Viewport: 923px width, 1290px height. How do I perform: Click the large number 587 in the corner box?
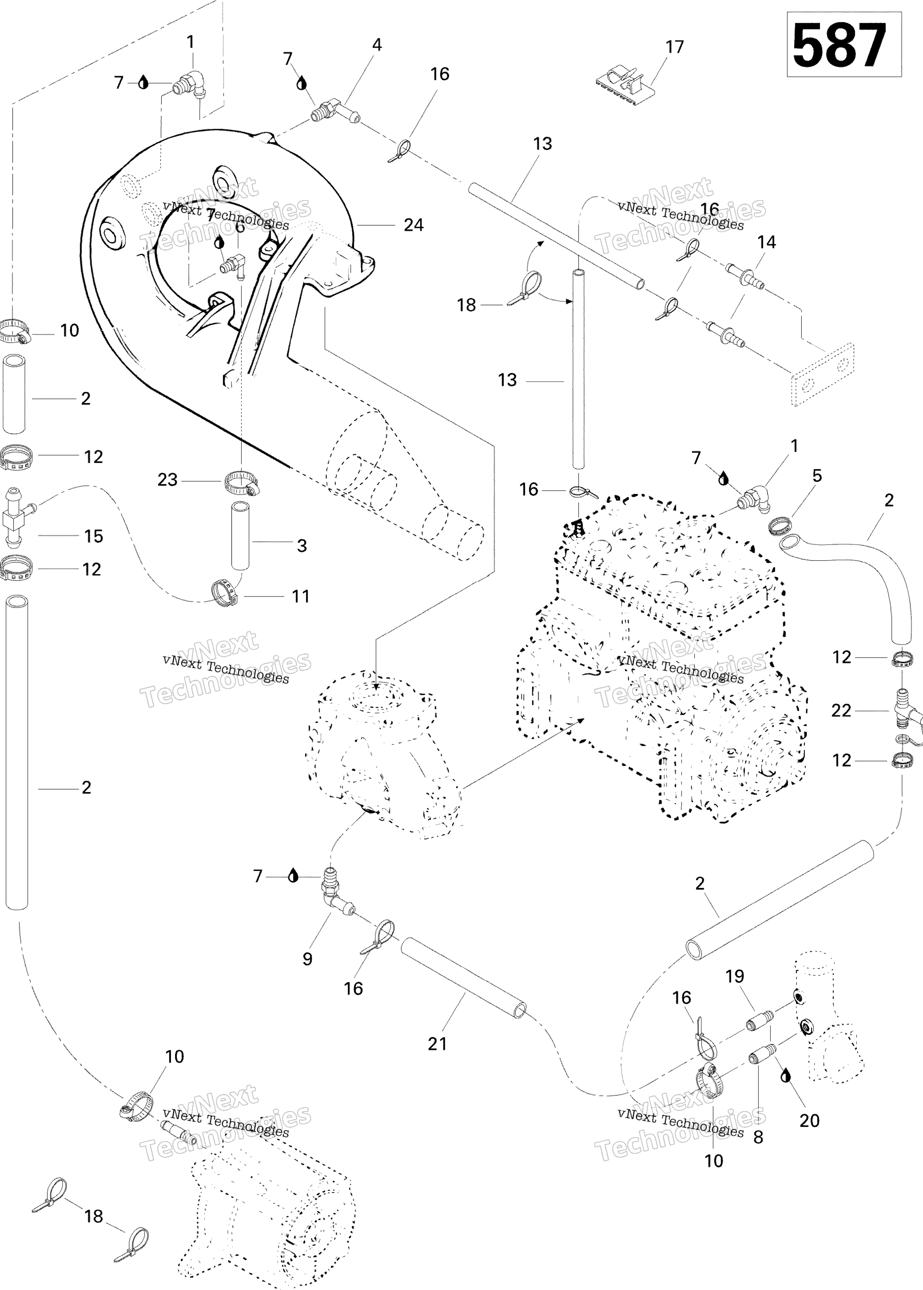(840, 45)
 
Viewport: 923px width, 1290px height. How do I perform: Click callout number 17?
(675, 47)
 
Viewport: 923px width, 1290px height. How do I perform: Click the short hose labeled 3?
(240, 544)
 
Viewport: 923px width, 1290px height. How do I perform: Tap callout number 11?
(301, 597)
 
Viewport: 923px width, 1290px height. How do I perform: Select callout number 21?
(437, 1044)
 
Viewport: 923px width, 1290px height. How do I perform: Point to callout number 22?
(841, 711)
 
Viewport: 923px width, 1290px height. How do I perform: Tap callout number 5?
(817, 476)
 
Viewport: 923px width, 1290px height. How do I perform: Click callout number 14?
(766, 243)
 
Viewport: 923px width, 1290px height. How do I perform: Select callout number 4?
(377, 45)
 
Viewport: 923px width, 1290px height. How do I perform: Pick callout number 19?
(735, 976)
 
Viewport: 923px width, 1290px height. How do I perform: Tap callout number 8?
(758, 1137)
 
